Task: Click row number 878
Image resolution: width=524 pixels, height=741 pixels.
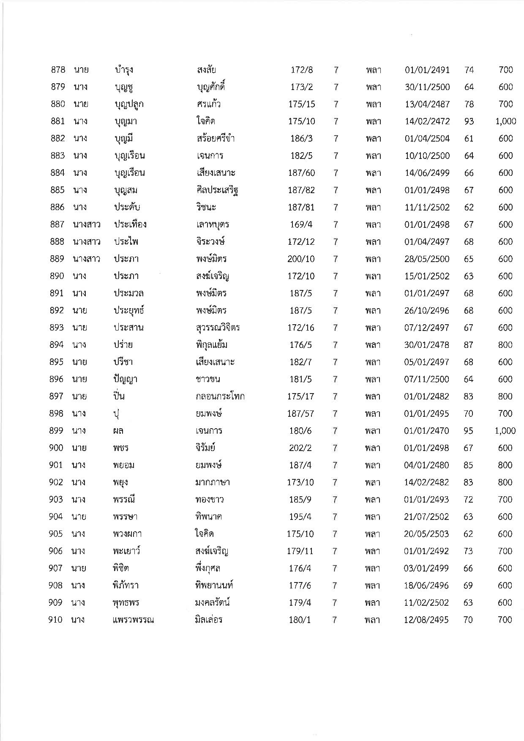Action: pos(57,70)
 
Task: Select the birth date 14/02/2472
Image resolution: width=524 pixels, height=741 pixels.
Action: pos(427,121)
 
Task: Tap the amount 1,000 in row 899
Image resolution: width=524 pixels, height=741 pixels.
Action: pos(505,431)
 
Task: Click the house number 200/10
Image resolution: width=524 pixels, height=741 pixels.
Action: pos(301,259)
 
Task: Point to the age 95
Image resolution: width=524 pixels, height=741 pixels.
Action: pos(468,431)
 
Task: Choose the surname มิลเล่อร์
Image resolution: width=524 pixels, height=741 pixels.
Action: pos(206,620)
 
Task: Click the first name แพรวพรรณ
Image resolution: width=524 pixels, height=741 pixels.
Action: pos(131,620)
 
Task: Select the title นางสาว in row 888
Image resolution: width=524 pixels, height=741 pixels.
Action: pos(86,242)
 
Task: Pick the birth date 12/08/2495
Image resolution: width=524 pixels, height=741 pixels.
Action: pos(426,620)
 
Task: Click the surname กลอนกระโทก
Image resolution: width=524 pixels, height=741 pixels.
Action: pos(217,396)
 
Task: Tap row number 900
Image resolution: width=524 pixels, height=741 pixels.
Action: pos(56,448)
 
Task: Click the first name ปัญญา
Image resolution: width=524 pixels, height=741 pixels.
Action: pos(122,379)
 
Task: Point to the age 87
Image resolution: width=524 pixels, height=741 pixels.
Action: pos(468,345)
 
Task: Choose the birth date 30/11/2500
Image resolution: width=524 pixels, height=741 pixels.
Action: pos(427,87)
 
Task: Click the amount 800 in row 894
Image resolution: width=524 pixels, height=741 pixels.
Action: pos(505,345)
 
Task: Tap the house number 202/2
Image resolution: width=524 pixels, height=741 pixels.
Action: pos(300,448)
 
